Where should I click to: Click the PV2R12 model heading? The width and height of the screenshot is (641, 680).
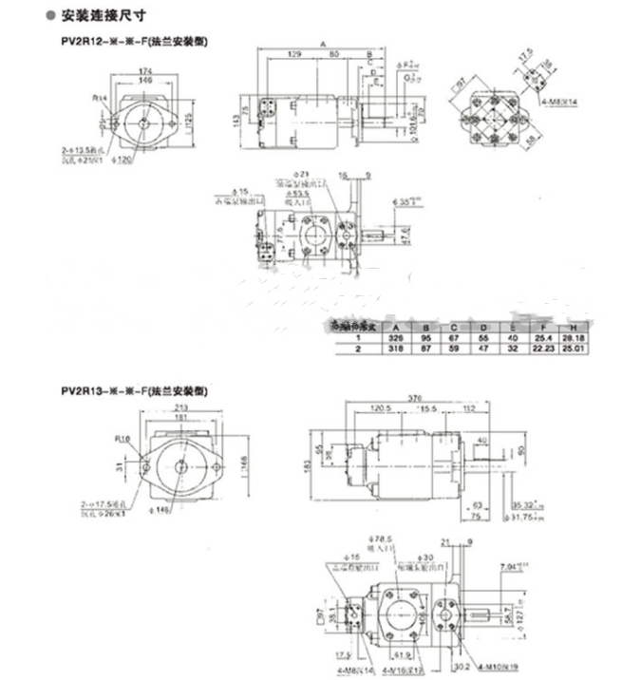134,43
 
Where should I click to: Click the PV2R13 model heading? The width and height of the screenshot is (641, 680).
134,390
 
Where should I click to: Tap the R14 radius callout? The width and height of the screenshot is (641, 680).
99,97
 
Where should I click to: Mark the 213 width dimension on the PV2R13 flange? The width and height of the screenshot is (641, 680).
180,408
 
